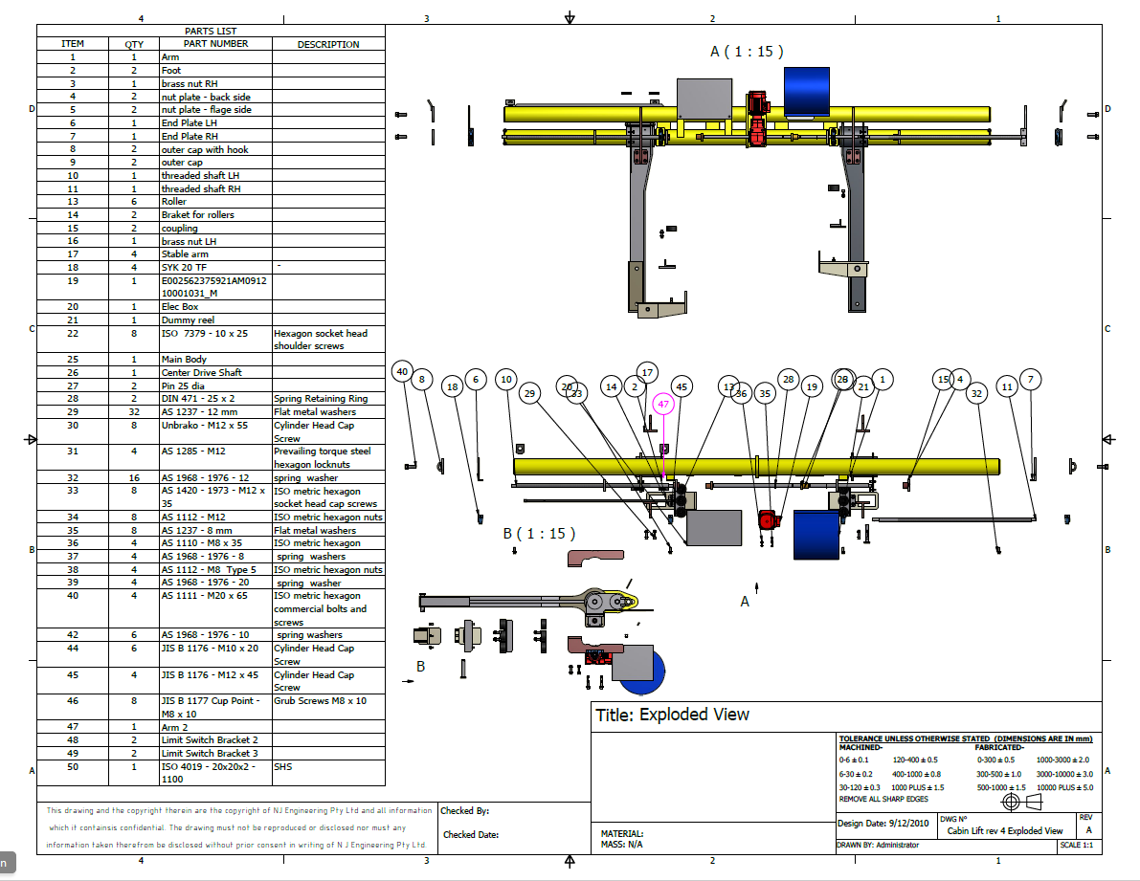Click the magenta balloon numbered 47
tap(663, 405)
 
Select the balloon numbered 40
tap(403, 371)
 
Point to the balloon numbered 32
tap(976, 393)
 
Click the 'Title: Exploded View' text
tap(672, 715)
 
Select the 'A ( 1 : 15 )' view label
tap(747, 52)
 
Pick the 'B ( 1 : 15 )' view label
tap(541, 534)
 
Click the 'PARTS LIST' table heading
tap(211, 32)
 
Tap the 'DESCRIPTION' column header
tap(328, 44)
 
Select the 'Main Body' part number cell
tap(183, 359)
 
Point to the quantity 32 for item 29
tap(134, 411)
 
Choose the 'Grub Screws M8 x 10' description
tap(320, 701)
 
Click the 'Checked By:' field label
tap(465, 811)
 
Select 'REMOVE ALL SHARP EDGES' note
tap(883, 799)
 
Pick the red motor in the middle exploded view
tap(767, 520)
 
